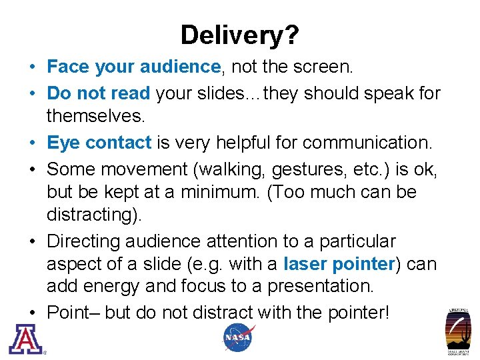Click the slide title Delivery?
239,35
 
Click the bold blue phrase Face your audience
133,67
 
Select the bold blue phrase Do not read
99,93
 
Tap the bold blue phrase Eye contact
99,143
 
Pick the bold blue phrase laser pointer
339,264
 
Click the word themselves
95,117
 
